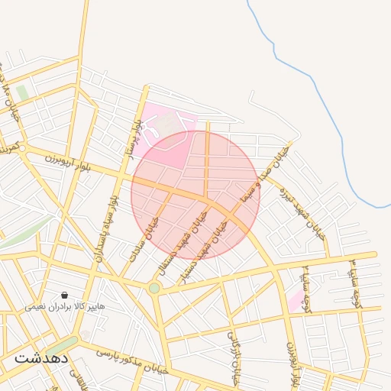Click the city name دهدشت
(41, 357)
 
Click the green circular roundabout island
(154, 288)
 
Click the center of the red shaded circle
(195, 195)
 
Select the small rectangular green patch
(22, 92)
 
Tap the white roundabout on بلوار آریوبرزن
(23, 147)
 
